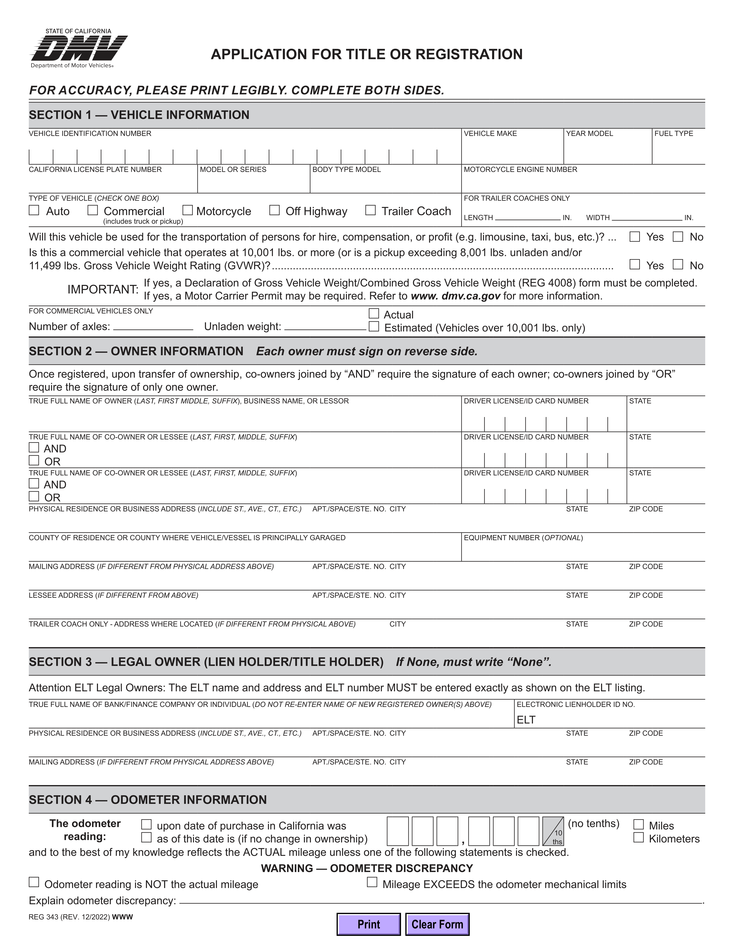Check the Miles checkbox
638,824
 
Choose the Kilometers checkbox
638,837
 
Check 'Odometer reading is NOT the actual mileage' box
34,882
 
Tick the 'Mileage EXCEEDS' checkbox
372,882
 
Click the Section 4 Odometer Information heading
148,799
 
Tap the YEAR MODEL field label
589,134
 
